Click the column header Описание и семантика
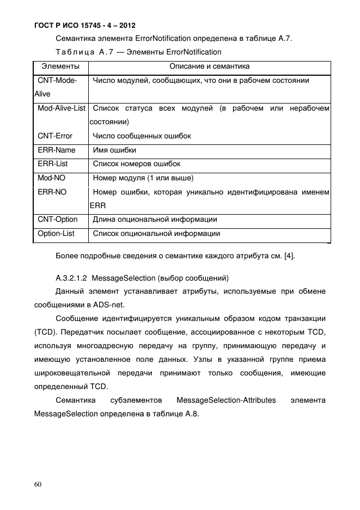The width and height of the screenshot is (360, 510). point(210,66)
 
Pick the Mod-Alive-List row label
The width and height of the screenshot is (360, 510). point(62,108)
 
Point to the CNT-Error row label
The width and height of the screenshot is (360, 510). point(55,136)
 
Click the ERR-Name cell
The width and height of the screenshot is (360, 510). point(57,150)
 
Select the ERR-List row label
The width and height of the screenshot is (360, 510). point(53,163)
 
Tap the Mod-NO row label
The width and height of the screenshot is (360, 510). point(52,178)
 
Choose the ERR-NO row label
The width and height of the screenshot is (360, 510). point(52,192)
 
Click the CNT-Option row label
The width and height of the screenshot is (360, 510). point(58,220)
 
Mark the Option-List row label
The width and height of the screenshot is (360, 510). point(56,234)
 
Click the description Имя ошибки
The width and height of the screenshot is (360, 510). point(115,150)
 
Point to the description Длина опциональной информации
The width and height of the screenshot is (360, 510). point(155,220)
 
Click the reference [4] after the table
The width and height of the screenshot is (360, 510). point(288,256)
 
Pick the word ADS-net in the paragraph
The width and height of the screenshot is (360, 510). point(94,306)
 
